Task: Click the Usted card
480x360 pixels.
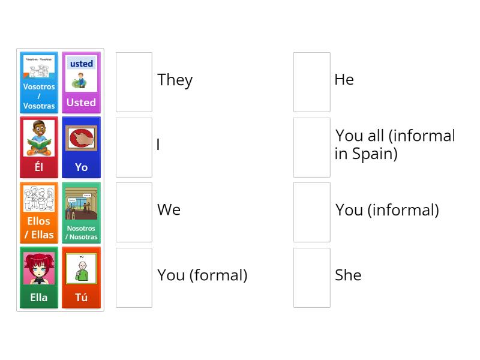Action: pyautogui.click(x=81, y=82)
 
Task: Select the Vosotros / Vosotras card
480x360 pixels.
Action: pyautogui.click(x=39, y=82)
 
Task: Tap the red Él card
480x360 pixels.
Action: pyautogui.click(x=39, y=147)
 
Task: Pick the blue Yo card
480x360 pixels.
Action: pyautogui.click(x=81, y=147)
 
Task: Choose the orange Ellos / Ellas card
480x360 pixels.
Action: pyautogui.click(x=39, y=212)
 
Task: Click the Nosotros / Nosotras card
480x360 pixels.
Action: pyautogui.click(x=81, y=212)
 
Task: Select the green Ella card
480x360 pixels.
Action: pyautogui.click(x=39, y=277)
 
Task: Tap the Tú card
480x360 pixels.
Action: pyautogui.click(x=81, y=277)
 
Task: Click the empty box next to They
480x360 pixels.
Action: pyautogui.click(x=134, y=82)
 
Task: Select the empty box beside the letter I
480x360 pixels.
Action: pyautogui.click(x=134, y=147)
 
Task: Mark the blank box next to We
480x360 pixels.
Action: pyautogui.click(x=134, y=212)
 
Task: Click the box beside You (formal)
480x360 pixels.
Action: pyautogui.click(x=134, y=277)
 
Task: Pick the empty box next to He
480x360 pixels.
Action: pyautogui.click(x=311, y=82)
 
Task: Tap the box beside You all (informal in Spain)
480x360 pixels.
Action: pyautogui.click(x=311, y=147)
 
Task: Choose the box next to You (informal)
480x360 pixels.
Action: pyautogui.click(x=311, y=212)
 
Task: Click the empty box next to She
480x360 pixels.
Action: pyautogui.click(x=311, y=277)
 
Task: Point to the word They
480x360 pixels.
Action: pyautogui.click(x=175, y=80)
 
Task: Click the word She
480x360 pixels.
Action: pyautogui.click(x=348, y=275)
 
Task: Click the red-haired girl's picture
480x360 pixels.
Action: pyautogui.click(x=39, y=269)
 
